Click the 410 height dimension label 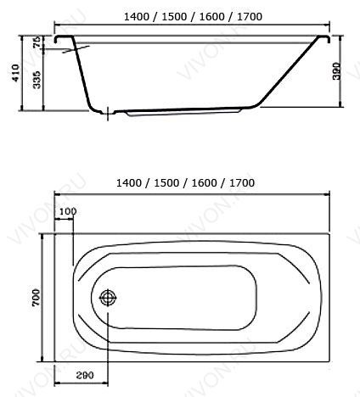[17, 73]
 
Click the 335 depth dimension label [37, 80]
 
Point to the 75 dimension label [37, 42]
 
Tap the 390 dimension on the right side [336, 71]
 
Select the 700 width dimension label [37, 298]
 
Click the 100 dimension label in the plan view [68, 211]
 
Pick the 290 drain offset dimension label [85, 375]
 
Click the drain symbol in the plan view [108, 298]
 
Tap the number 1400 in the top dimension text [137, 17]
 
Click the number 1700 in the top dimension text [250, 17]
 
